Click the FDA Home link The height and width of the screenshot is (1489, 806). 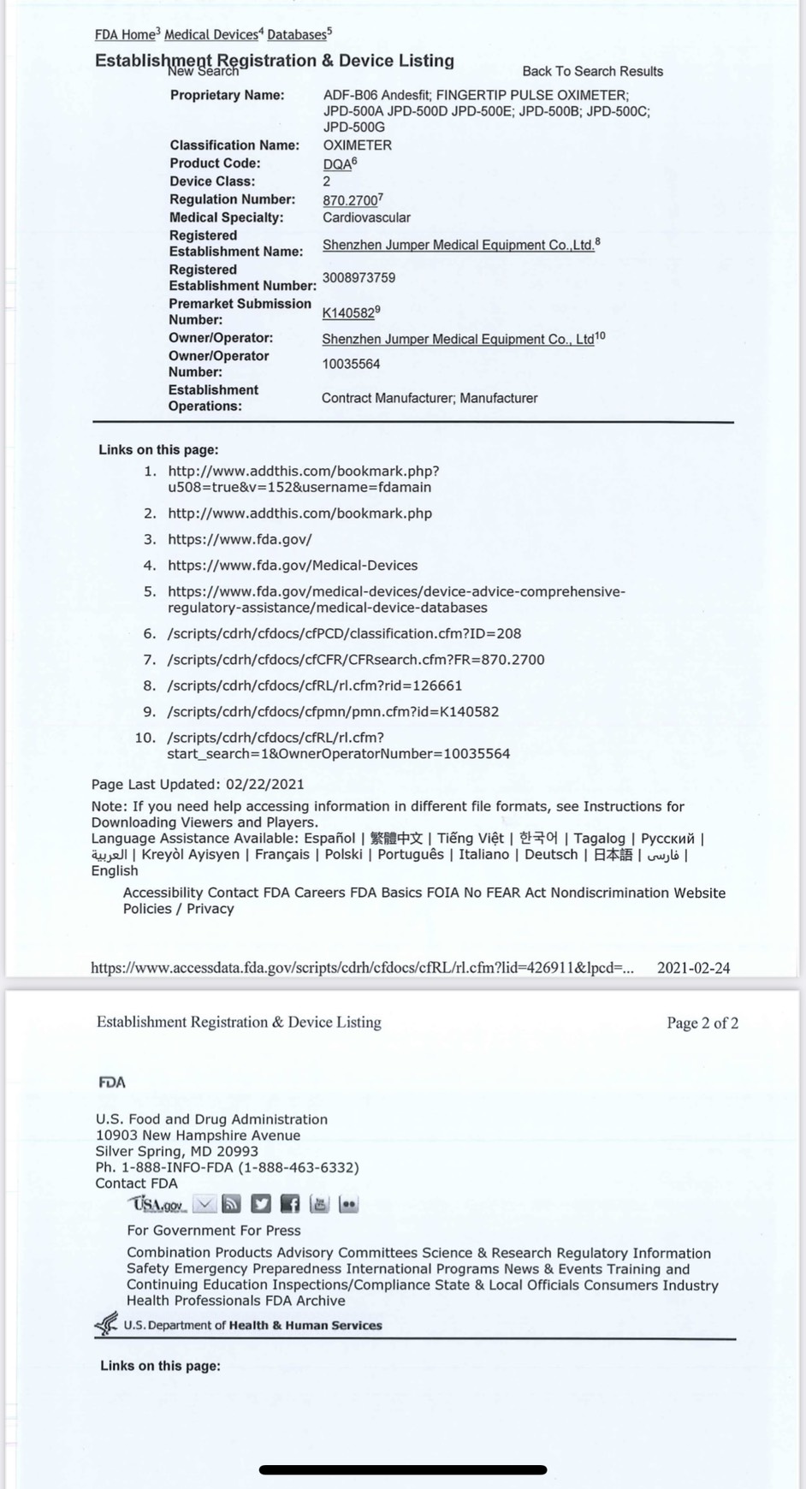[124, 35]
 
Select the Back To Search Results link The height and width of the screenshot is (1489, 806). [592, 71]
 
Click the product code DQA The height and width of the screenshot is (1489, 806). [337, 164]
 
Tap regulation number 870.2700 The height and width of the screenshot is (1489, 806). [349, 200]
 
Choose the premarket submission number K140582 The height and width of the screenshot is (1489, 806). [348, 313]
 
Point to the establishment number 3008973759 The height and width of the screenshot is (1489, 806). [359, 277]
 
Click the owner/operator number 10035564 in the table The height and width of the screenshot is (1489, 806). [351, 364]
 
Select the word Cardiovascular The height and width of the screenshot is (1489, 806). [366, 217]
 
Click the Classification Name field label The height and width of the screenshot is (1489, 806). [234, 145]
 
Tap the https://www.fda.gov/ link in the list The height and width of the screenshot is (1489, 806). [240, 539]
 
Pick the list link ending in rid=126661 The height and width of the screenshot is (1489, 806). [315, 685]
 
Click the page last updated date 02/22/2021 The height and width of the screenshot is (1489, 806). [264, 784]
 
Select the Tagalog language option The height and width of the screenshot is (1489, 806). [599, 839]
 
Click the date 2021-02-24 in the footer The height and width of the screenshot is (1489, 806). [693, 968]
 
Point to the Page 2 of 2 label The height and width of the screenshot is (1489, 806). [702, 1023]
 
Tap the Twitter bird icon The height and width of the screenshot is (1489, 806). [261, 1205]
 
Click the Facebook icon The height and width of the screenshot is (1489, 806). [290, 1205]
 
